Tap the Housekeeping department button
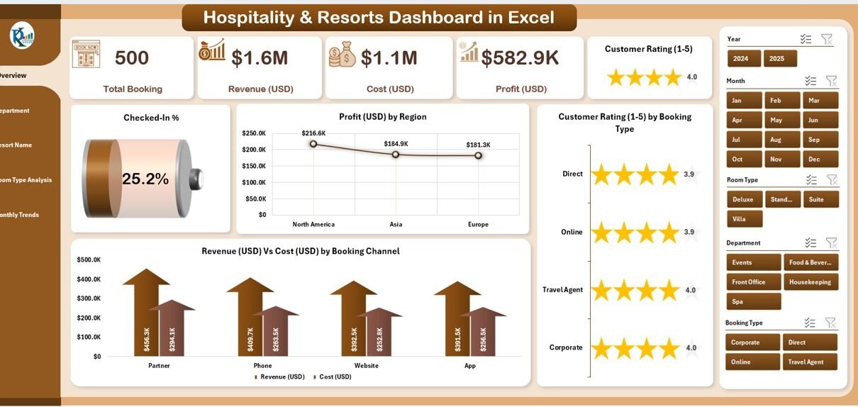click(x=810, y=282)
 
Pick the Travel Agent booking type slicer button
click(x=810, y=362)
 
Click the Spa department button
click(x=754, y=301)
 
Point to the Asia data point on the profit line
click(x=396, y=154)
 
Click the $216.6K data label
click(x=313, y=133)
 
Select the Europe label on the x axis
click(x=478, y=224)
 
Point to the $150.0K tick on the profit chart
click(x=254, y=166)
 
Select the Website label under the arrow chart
click(x=367, y=366)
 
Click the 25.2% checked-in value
click(x=145, y=179)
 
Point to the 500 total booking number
click(x=132, y=58)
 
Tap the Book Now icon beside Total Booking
click(x=86, y=54)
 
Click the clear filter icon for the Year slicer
click(x=827, y=39)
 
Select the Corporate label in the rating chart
click(x=566, y=347)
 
